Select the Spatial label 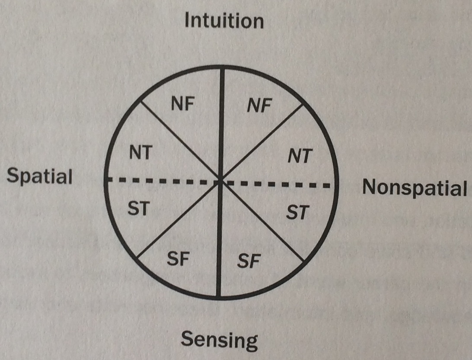coord(40,177)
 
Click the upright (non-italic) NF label coord(183,104)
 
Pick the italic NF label coord(259,106)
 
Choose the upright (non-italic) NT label coord(141,152)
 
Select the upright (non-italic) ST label coord(139,208)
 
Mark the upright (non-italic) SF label coord(178,259)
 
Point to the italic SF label coord(249,261)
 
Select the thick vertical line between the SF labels coord(219,240)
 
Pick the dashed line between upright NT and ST coord(163,181)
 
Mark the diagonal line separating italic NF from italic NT coord(261,143)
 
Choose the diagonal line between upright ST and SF coord(178,220)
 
